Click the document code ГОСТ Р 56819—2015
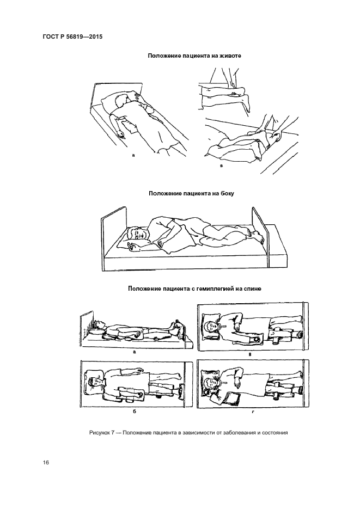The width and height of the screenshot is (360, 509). point(73,36)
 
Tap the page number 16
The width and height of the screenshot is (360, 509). point(46,463)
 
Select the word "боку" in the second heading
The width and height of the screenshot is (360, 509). point(226,193)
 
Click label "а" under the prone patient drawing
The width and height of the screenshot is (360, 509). point(133,156)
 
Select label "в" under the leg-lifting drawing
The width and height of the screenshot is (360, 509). point(221,166)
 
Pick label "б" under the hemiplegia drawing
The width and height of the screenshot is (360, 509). point(134,412)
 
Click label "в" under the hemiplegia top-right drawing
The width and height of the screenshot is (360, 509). point(249,355)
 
